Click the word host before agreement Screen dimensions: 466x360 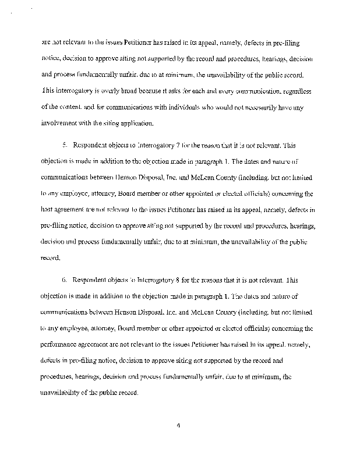click(x=50, y=207)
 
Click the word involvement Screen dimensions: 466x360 click(x=63, y=123)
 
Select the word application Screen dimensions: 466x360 click(x=135, y=123)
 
